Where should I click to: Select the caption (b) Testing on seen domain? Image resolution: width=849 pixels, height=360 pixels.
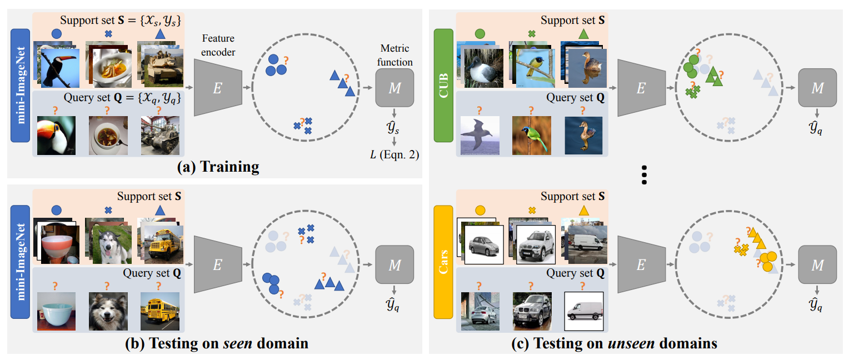point(217,343)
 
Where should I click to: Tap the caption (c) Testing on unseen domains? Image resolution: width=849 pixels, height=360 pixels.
point(614,343)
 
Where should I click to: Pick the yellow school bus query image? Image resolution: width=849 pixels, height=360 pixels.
point(159,312)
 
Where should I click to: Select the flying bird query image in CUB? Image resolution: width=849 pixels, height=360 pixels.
point(480,136)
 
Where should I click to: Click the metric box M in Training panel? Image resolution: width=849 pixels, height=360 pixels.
point(394,88)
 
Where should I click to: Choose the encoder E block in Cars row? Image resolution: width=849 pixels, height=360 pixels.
point(641,266)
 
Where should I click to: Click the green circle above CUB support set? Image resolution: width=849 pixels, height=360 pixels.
point(480,34)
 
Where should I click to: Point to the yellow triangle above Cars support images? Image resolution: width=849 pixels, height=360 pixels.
point(583,211)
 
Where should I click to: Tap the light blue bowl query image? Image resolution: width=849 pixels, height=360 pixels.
point(56,312)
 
